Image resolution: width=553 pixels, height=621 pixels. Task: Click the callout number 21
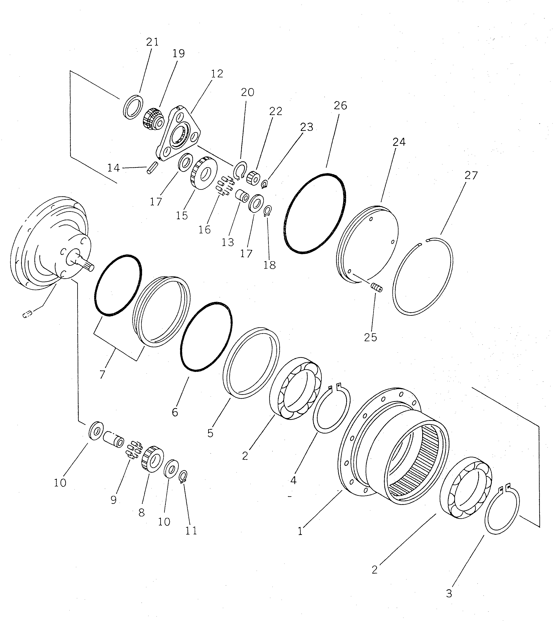pyautogui.click(x=152, y=42)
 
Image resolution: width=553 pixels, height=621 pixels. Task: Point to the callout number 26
pyautogui.click(x=340, y=106)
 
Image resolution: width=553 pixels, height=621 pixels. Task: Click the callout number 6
pyautogui.click(x=175, y=412)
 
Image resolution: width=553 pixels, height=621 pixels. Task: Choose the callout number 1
pyautogui.click(x=300, y=531)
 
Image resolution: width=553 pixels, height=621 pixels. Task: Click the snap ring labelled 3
pyautogui.click(x=502, y=513)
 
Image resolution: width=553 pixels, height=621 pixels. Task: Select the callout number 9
pyautogui.click(x=113, y=500)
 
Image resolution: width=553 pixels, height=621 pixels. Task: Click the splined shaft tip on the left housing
pyautogui.click(x=90, y=268)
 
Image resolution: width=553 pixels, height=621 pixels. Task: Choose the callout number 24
pyautogui.click(x=399, y=142)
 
